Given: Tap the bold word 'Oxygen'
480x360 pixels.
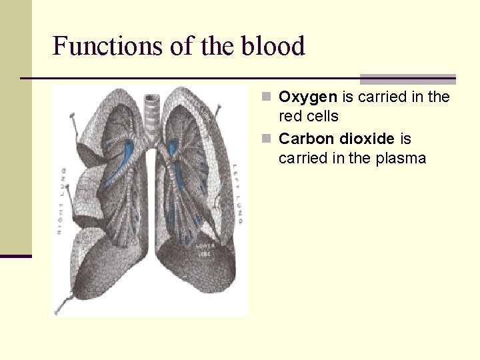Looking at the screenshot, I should point(308,97).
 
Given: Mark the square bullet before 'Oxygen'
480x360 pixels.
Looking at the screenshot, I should point(266,97).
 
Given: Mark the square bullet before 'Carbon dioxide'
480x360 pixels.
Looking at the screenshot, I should point(266,139).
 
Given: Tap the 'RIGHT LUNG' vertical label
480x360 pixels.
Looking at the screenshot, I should point(61,200).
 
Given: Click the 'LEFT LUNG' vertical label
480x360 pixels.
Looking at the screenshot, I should point(237,193).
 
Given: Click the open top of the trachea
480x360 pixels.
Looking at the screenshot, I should point(153,93).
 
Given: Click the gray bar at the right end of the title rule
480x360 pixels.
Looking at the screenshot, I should point(407,79).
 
